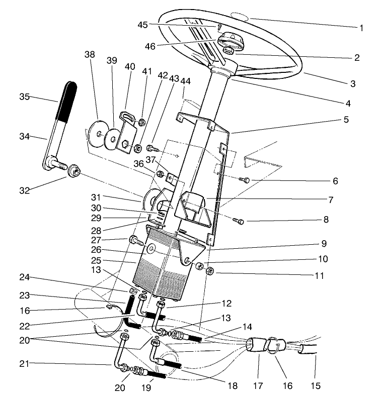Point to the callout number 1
click(361, 28)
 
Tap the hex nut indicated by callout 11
click(210, 271)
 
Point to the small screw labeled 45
click(220, 27)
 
